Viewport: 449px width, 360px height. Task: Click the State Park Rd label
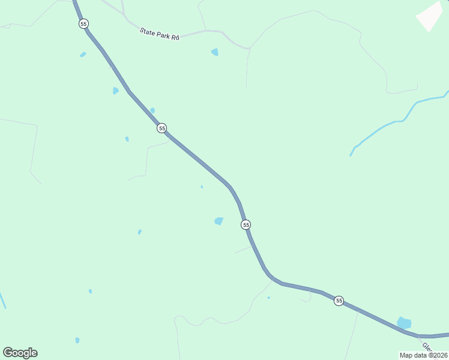(x=160, y=34)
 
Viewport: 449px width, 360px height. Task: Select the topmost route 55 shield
(x=83, y=23)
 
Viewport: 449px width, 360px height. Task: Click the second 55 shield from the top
(x=161, y=128)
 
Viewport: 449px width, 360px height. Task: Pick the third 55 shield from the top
(x=246, y=224)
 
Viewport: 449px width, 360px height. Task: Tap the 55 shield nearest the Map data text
(x=339, y=301)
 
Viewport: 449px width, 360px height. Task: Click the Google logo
(x=20, y=353)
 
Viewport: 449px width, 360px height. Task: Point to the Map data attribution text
(x=424, y=355)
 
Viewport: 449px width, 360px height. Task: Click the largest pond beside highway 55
(x=404, y=323)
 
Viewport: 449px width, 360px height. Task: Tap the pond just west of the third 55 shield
(x=219, y=221)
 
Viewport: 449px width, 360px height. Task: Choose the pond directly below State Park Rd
(x=215, y=52)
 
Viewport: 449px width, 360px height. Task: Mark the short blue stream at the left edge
(x=2, y=300)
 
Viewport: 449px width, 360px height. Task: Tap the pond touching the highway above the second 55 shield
(x=152, y=110)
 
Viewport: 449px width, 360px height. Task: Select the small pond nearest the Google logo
(x=77, y=340)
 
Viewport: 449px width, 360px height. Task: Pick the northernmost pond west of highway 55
(x=83, y=55)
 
